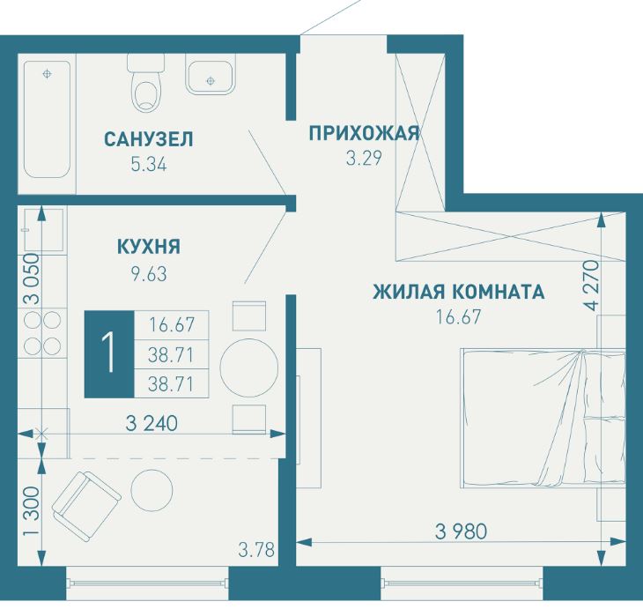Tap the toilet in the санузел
[145, 84]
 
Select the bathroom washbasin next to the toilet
[210, 75]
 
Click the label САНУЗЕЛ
[148, 139]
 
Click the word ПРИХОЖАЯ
[364, 134]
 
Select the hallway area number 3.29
[364, 160]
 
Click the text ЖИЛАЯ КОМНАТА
[458, 292]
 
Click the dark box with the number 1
[108, 354]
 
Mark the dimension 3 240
[152, 424]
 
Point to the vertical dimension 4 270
[588, 284]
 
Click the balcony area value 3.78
[257, 553]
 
